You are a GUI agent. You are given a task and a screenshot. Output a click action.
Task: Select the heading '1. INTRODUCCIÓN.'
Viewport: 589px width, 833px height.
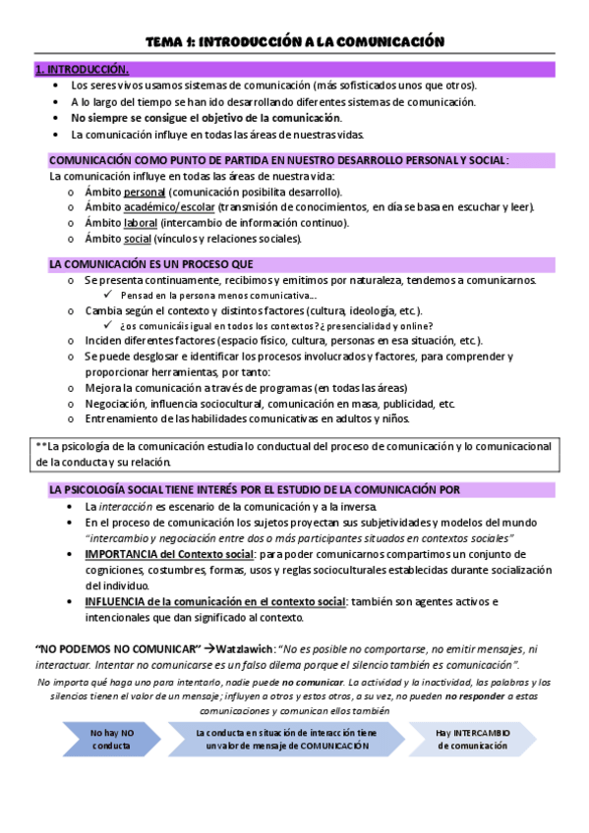(x=82, y=70)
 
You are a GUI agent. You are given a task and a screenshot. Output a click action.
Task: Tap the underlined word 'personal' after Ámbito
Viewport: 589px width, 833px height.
(x=144, y=192)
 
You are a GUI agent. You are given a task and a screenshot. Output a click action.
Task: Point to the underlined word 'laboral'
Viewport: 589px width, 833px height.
(x=140, y=223)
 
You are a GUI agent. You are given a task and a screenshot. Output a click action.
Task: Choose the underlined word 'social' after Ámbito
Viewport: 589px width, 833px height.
(x=138, y=239)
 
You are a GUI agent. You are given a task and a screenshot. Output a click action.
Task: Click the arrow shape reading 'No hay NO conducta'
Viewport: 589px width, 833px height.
(x=111, y=739)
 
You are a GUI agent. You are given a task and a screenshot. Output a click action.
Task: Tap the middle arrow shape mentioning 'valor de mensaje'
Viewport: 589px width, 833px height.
(x=285, y=739)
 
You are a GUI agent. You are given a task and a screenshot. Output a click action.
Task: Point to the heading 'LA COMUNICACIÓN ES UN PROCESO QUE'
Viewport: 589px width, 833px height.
(x=151, y=264)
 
